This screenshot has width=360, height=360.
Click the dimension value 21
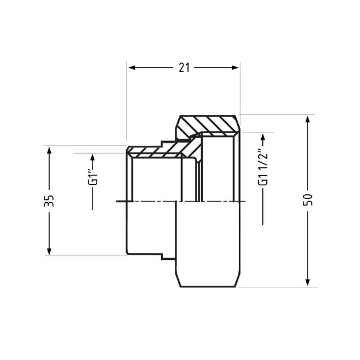[184, 68]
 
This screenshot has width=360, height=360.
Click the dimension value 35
[49, 201]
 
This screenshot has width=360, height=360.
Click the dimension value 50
[308, 200]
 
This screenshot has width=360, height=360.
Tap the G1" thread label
[94, 178]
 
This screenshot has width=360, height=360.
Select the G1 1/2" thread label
[263, 168]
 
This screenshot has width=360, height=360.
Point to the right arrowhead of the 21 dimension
[235, 67]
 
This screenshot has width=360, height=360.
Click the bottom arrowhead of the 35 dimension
[49, 250]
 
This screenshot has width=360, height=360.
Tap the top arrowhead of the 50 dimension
[308, 121]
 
